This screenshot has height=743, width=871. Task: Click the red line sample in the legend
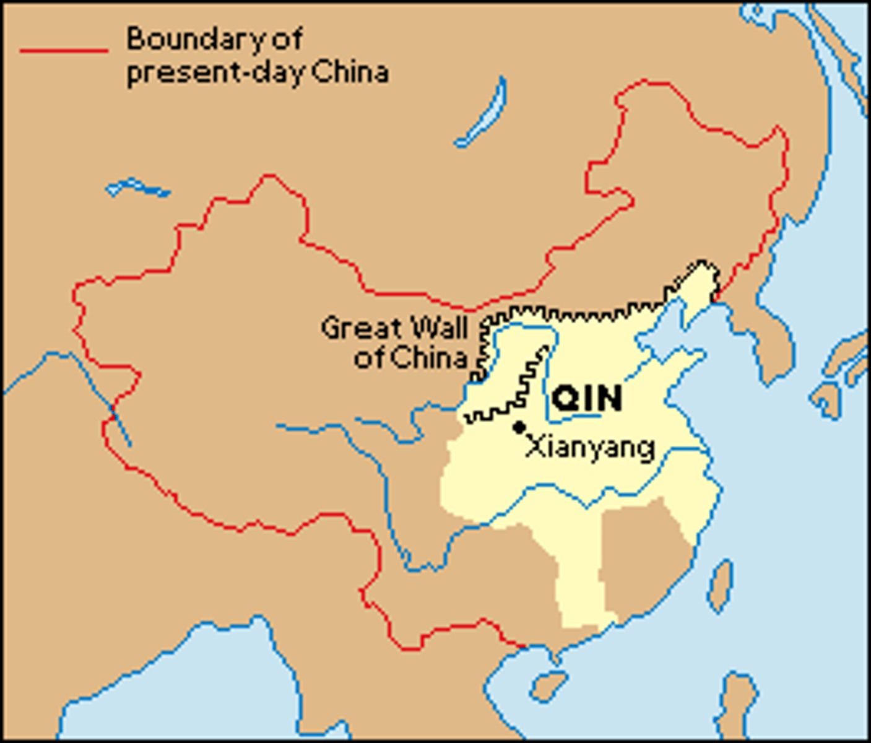click(63, 50)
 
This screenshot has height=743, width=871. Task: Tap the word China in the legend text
click(350, 72)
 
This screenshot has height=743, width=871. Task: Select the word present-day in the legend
click(215, 73)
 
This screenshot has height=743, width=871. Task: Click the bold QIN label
click(587, 399)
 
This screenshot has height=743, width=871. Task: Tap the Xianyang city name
click(590, 447)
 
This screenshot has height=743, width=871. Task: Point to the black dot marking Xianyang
click(519, 427)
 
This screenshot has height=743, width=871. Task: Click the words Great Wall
click(394, 328)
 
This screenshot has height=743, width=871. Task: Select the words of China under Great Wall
click(410, 358)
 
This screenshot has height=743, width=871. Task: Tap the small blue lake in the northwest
click(137, 188)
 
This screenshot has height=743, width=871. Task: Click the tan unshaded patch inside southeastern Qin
click(644, 557)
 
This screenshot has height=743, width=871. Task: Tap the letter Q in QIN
click(566, 399)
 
